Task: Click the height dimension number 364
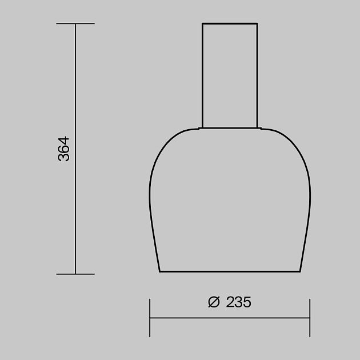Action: (x=63, y=149)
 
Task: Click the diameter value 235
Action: (x=238, y=302)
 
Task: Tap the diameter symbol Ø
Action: (x=214, y=302)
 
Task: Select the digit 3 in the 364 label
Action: (x=63, y=157)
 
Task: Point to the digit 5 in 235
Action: (x=247, y=302)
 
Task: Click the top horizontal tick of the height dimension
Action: (x=75, y=24)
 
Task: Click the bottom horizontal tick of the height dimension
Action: (x=75, y=274)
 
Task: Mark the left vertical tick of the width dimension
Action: (x=150, y=318)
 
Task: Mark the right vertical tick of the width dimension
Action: (x=310, y=318)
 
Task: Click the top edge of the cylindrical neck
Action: (x=230, y=23)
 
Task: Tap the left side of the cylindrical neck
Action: (x=202, y=74)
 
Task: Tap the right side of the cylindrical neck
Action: (x=257, y=74)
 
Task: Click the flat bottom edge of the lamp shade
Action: (x=230, y=271)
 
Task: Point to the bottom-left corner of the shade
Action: (x=159, y=271)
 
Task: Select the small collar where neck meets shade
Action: (x=230, y=127)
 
